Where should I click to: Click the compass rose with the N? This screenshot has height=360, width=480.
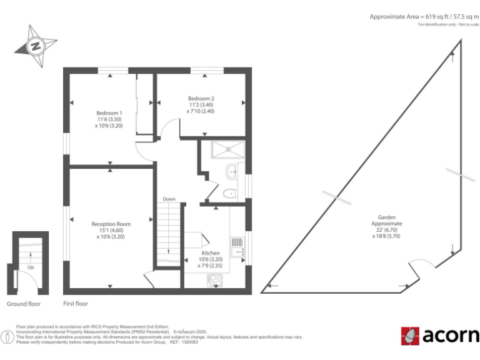pos(35,45)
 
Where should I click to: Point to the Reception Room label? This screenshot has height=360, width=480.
pos(111,230)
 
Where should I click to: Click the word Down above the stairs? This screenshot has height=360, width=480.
pos(169,199)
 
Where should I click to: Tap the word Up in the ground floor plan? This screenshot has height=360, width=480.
pos(30,268)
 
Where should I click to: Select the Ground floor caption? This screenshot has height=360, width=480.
pos(24,304)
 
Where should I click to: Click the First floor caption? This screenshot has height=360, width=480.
pos(75,304)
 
